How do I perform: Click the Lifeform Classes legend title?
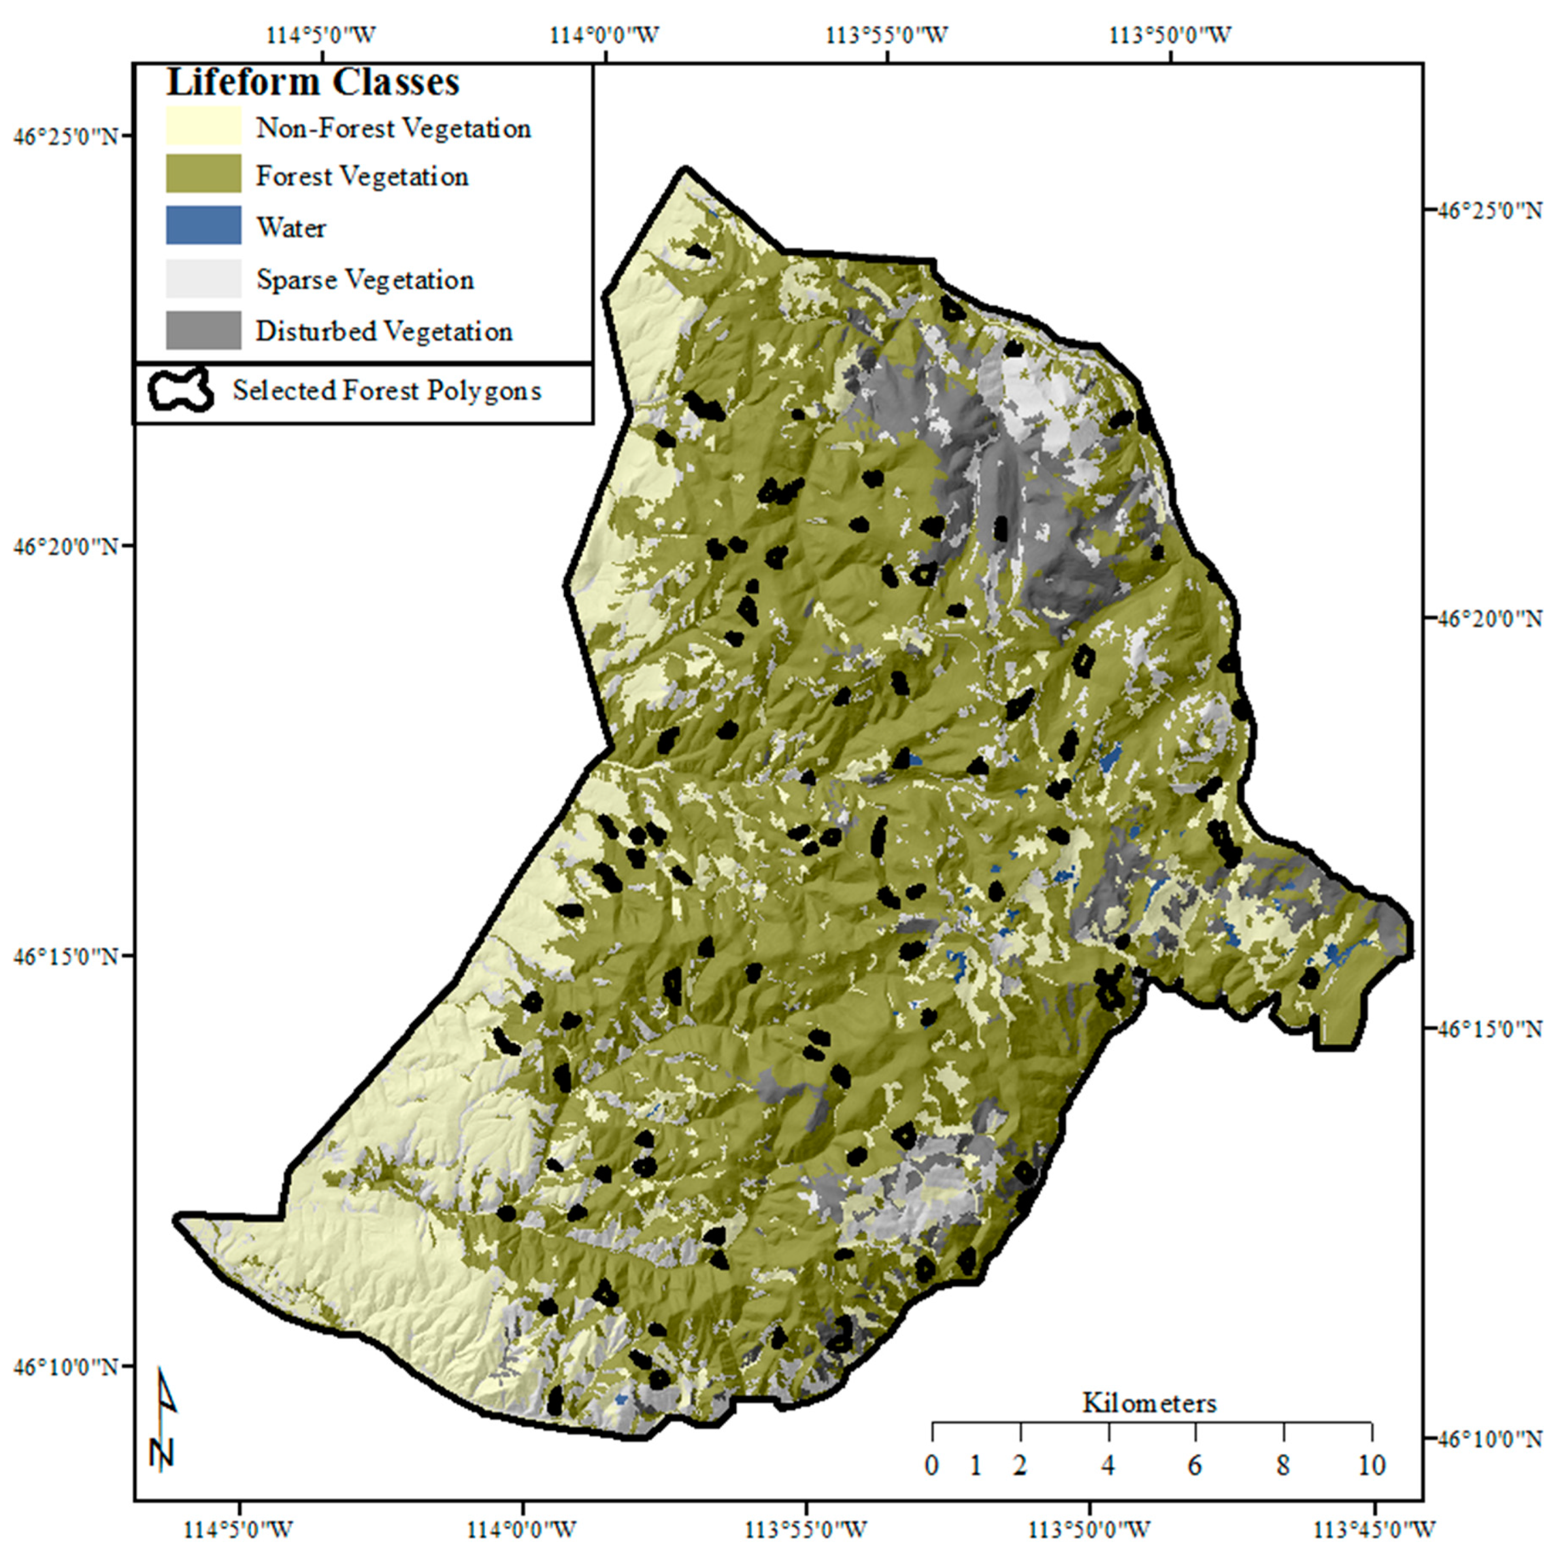click(313, 82)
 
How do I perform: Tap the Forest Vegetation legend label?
click(362, 177)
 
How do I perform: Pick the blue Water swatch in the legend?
click(203, 225)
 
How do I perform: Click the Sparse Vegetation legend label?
click(364, 280)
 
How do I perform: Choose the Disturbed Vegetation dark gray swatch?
click(203, 330)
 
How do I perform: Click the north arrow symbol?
click(164, 1419)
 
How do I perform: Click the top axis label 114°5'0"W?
click(321, 36)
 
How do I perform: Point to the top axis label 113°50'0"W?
click(1170, 36)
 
